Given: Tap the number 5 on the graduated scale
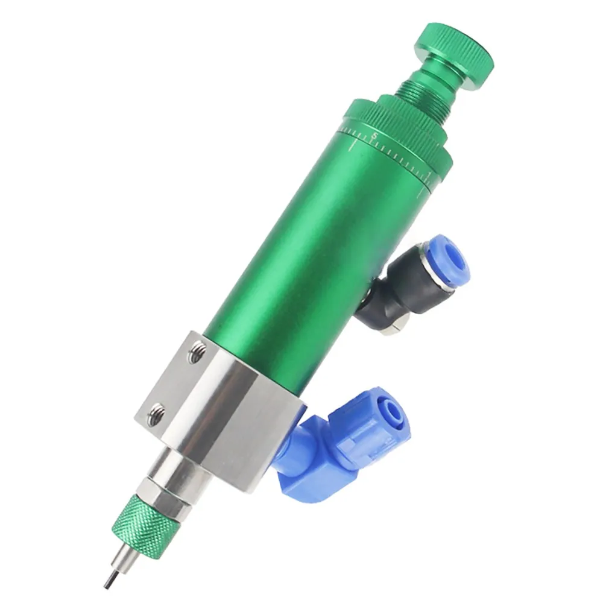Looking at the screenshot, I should tap(374, 136).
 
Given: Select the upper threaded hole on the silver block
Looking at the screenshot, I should tap(196, 353).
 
